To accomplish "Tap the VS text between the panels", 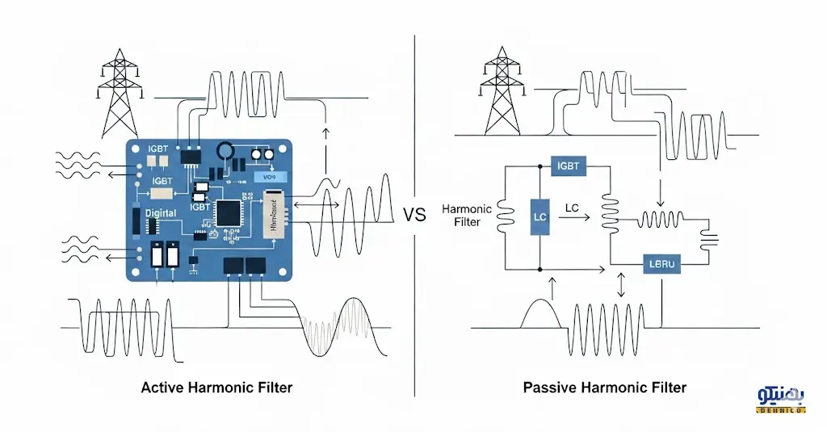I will click(x=413, y=216).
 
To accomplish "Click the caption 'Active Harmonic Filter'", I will click(x=216, y=388).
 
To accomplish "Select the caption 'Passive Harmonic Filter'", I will click(x=605, y=388).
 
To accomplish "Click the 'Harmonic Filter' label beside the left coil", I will click(x=466, y=215).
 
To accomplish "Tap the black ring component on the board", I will click(x=228, y=151).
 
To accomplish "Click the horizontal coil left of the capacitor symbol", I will click(x=661, y=220).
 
